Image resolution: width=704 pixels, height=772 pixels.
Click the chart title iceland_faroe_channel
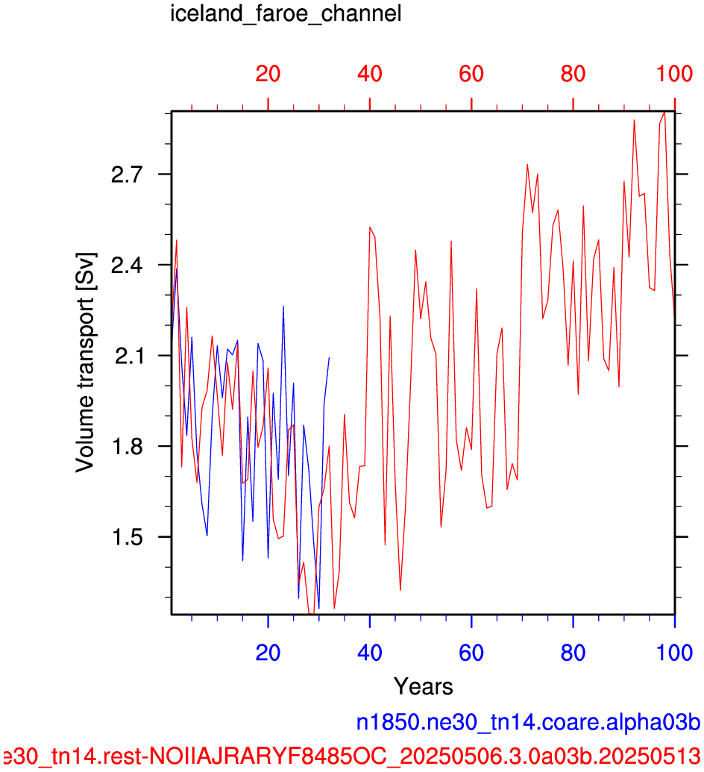pyautogui.click(x=286, y=13)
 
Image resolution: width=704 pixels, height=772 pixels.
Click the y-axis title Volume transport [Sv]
pyautogui.click(x=85, y=363)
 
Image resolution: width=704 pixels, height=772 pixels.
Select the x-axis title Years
pyautogui.click(x=424, y=686)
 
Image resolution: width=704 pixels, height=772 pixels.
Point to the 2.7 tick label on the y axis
pyautogui.click(x=127, y=175)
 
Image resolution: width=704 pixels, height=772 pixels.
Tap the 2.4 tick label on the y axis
pyautogui.click(x=127, y=266)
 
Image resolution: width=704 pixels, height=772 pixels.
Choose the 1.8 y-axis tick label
pyautogui.click(x=127, y=447)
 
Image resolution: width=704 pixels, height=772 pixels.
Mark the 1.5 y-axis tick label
pyautogui.click(x=127, y=537)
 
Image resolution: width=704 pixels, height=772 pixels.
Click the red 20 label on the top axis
pyautogui.click(x=268, y=74)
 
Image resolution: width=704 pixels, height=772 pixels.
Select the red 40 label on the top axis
pyautogui.click(x=370, y=74)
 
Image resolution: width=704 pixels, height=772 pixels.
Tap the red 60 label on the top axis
pyautogui.click(x=471, y=74)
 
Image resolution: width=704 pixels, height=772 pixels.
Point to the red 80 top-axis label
pyautogui.click(x=573, y=74)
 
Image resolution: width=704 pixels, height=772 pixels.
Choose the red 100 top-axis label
pyautogui.click(x=674, y=74)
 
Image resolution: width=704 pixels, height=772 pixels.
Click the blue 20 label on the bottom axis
pyautogui.click(x=268, y=653)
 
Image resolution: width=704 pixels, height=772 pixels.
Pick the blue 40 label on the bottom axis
pyautogui.click(x=370, y=653)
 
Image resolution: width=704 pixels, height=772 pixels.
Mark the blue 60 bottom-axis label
pyautogui.click(x=471, y=653)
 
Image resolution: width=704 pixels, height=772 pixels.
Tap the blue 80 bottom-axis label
pyautogui.click(x=573, y=653)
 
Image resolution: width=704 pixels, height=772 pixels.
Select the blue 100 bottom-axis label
pyautogui.click(x=674, y=653)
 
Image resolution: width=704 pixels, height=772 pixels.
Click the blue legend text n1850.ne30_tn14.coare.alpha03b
pyautogui.click(x=528, y=723)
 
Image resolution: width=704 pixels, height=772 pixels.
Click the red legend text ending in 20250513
pyautogui.click(x=351, y=756)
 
